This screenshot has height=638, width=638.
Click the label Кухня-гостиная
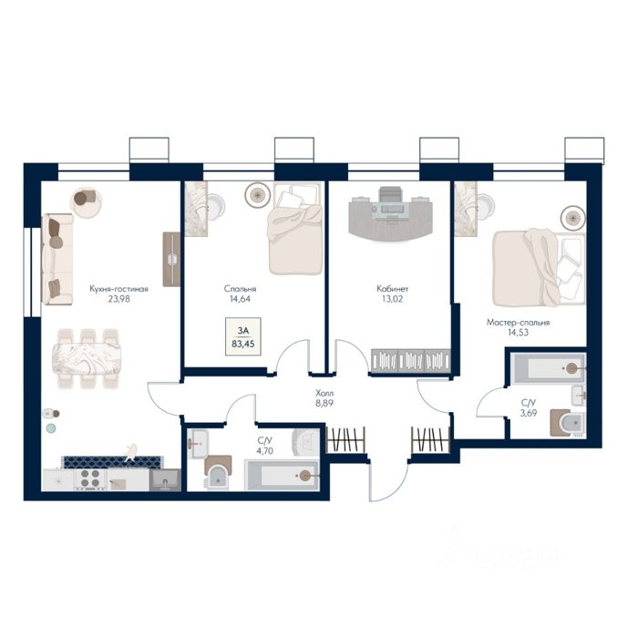tap(118, 289)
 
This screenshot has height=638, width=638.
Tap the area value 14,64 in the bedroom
tap(240, 299)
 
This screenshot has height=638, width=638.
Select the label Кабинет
tap(392, 289)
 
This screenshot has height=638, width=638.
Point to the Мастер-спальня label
tap(518, 323)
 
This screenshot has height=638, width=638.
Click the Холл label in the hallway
tap(324, 394)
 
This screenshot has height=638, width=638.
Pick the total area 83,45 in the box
tap(243, 344)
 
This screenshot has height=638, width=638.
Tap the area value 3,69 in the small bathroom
tap(529, 413)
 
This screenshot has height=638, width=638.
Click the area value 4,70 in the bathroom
tap(265, 451)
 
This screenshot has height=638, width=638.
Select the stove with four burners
tap(90, 478)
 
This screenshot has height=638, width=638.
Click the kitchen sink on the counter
tap(165, 480)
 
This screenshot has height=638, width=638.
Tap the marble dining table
tap(87, 358)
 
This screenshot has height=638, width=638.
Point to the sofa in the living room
tap(57, 259)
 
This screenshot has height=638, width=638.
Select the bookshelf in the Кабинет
tap(411, 361)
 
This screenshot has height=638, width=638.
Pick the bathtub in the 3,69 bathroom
tap(548, 368)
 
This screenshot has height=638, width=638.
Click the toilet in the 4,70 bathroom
tap(218, 472)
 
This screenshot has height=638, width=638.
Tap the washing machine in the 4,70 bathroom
tap(306, 442)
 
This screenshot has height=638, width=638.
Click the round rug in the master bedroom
tap(573, 218)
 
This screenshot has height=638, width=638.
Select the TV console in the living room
tap(171, 259)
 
